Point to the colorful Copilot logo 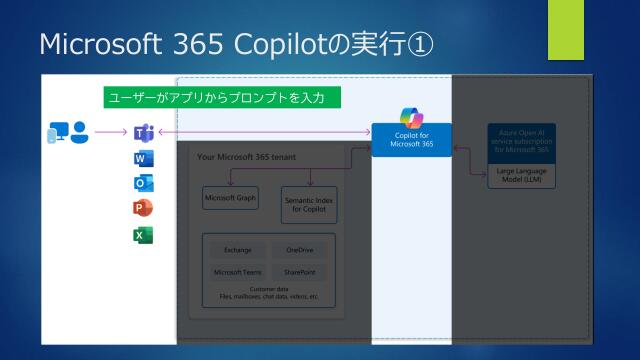pyautogui.click(x=412, y=117)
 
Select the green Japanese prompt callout pyautogui.click(x=222, y=98)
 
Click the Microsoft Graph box pyautogui.click(x=230, y=198)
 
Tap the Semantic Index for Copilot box pyautogui.click(x=309, y=203)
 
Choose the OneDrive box pyautogui.click(x=299, y=249)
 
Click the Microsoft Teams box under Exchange pyautogui.click(x=237, y=271)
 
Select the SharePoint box pyautogui.click(x=299, y=271)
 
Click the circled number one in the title pyautogui.click(x=421, y=45)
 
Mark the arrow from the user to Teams pyautogui.click(x=110, y=132)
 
